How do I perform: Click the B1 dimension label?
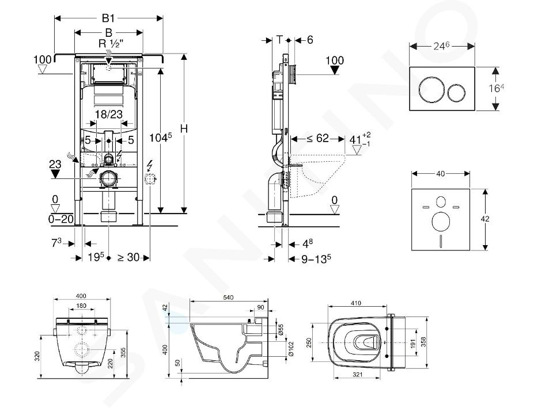pos(109,18)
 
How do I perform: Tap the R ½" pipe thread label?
pos(111,44)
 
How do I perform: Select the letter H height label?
pos(184,129)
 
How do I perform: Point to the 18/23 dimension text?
pos(109,114)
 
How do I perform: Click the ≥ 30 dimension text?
pos(128,258)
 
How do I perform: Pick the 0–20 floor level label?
pos(60,219)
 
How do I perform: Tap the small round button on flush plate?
pos(457,93)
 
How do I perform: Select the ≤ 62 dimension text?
pos(317,138)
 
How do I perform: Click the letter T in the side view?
pos(280,40)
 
